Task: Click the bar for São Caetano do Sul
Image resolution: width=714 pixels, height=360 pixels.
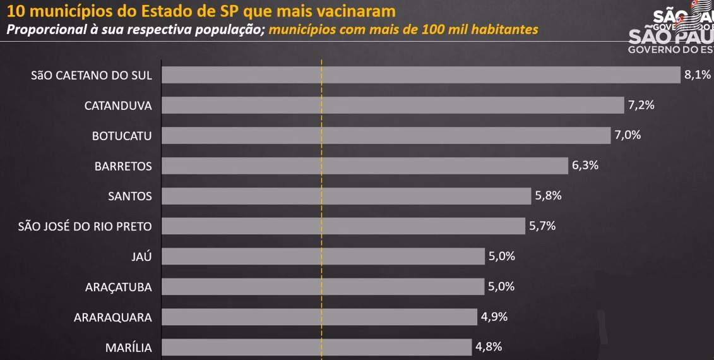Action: click(x=421, y=75)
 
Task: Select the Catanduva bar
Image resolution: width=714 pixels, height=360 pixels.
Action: click(x=393, y=105)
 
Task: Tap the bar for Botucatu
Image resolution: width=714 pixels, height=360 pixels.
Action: click(x=386, y=135)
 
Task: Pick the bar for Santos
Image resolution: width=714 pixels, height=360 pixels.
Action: click(x=346, y=196)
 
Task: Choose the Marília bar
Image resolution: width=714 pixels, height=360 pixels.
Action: click(x=316, y=347)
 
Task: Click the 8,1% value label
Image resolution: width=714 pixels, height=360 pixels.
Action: click(x=698, y=75)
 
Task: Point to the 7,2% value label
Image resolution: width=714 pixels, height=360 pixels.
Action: click(x=641, y=105)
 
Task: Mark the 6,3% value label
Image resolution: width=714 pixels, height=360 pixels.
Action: click(x=585, y=165)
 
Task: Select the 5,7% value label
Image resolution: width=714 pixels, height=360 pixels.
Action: click(x=542, y=225)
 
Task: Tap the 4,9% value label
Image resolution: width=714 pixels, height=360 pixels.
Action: click(x=494, y=316)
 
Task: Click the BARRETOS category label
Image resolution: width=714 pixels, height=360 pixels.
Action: click(x=123, y=166)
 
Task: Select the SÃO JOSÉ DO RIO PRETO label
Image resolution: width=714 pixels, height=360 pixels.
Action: click(x=85, y=226)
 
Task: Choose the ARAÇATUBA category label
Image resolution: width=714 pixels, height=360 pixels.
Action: click(x=119, y=287)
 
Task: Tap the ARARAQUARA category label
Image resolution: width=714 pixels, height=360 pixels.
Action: click(x=113, y=317)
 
